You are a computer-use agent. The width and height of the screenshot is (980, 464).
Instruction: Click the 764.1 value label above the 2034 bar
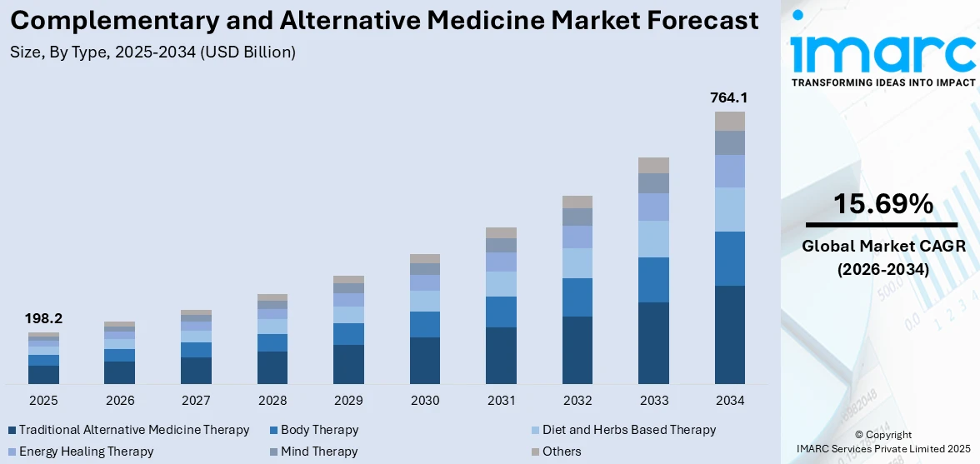tap(729, 97)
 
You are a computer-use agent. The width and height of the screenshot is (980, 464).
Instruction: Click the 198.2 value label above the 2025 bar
tap(43, 318)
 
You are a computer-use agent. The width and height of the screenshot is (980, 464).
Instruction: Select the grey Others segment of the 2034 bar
tap(729, 121)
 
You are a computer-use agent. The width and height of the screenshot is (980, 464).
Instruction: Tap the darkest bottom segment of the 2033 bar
tap(653, 342)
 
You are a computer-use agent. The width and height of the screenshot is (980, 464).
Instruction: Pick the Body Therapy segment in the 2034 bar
tap(729, 258)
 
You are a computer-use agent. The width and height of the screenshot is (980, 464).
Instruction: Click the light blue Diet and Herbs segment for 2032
tap(577, 263)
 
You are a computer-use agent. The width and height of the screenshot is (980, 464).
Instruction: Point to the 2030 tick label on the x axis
tap(424, 401)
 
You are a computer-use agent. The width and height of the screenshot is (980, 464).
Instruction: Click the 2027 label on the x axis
tap(196, 401)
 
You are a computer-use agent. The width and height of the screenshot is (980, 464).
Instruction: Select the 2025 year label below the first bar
tap(43, 401)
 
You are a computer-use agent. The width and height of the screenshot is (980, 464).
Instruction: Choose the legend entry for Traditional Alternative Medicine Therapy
tap(133, 430)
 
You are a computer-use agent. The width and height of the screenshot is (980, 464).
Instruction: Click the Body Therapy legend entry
tap(319, 430)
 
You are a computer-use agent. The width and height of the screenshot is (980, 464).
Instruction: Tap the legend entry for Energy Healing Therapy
tap(86, 452)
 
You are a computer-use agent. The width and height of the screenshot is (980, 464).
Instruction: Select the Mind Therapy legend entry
tap(319, 452)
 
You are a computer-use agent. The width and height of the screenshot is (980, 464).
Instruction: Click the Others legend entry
tap(561, 452)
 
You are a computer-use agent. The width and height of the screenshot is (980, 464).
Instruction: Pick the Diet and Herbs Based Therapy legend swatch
tap(536, 431)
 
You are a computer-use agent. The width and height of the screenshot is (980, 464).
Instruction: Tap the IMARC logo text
tap(882, 52)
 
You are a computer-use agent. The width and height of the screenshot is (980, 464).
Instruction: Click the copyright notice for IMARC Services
tap(882, 442)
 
